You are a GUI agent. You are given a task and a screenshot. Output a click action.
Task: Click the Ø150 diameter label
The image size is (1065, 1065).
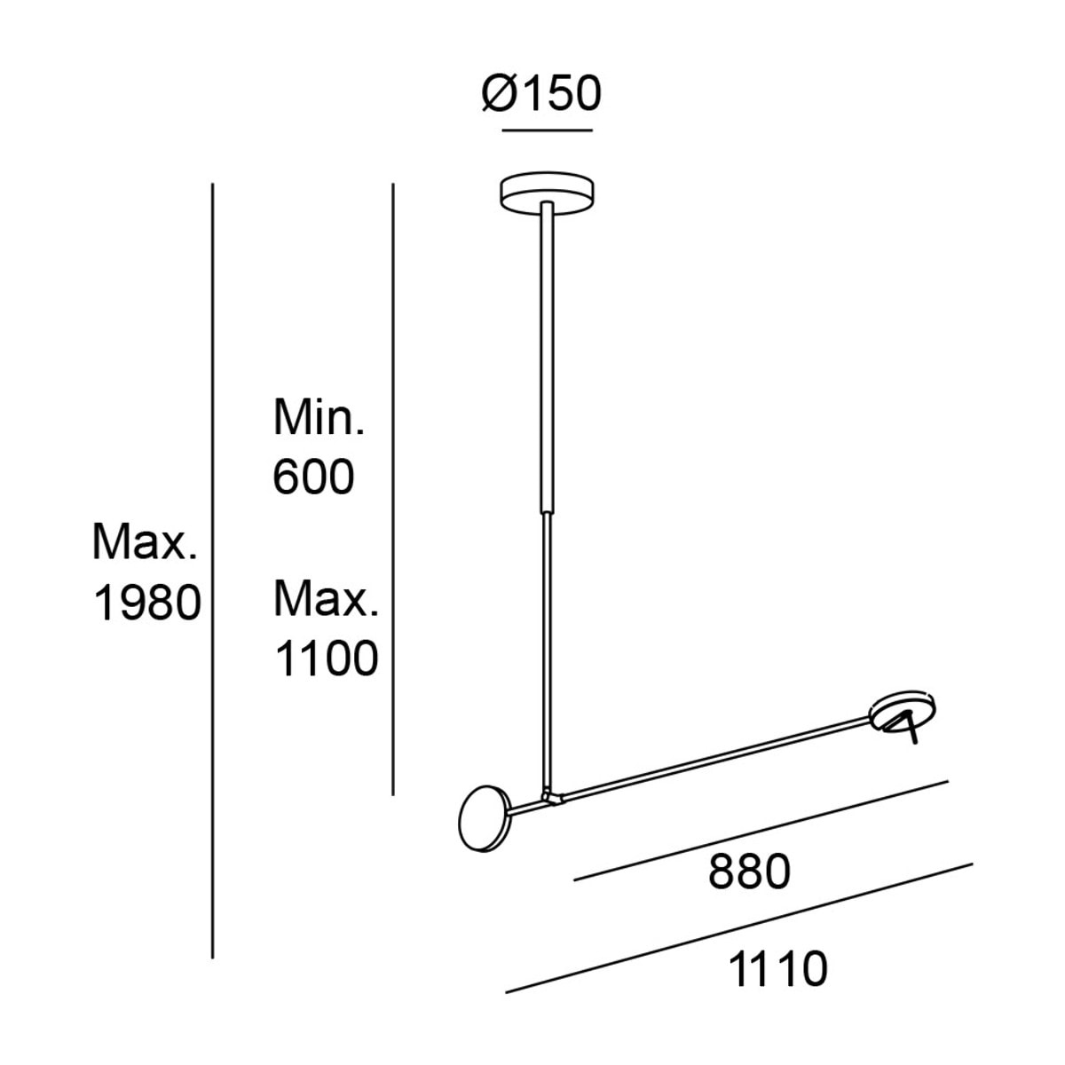pyautogui.click(x=541, y=93)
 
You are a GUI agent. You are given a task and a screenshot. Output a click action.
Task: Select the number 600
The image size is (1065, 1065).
pyautogui.click(x=313, y=477)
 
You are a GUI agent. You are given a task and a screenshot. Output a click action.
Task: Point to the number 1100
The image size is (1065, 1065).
pyautogui.click(x=327, y=659)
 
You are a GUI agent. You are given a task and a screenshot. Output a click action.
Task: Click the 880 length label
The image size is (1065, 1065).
pyautogui.click(x=749, y=872)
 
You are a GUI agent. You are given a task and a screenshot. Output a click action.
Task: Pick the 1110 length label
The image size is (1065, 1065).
pyautogui.click(x=778, y=969)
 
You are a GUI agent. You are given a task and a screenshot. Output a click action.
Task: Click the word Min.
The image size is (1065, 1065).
pyautogui.click(x=319, y=417)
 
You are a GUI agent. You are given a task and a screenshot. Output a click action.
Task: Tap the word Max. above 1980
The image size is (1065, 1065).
pyautogui.click(x=145, y=542)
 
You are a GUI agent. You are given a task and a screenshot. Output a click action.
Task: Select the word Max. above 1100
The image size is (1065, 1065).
pyautogui.click(x=326, y=598)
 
